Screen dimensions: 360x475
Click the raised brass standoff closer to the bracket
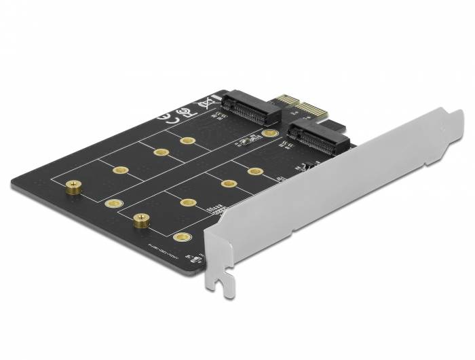(141, 219)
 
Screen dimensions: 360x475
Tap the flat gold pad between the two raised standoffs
(113, 204)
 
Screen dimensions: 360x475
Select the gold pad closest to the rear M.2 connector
(271, 134)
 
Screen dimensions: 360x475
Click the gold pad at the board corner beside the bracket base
(180, 237)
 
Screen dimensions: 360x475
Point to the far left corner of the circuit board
(12, 182)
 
